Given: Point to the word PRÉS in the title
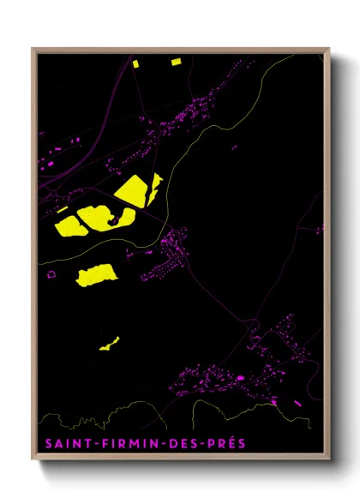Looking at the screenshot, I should [x=221, y=444].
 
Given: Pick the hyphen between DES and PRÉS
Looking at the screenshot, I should [x=196, y=444].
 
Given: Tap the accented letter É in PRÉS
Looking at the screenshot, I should [x=225, y=443].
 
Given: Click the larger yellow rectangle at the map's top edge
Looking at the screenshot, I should [x=176, y=62].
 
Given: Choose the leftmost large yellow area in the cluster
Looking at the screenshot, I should [x=69, y=225].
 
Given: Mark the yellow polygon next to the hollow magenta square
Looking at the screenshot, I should [x=96, y=274].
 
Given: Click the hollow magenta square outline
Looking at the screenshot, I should [x=51, y=274].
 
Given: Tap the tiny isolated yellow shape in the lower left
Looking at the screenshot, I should [x=109, y=344].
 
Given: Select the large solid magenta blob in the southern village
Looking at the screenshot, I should [x=240, y=377].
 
